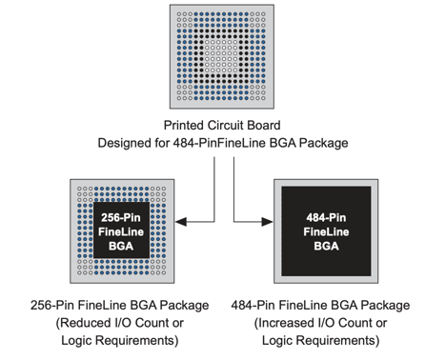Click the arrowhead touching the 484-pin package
click(x=269, y=222)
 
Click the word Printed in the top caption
click(x=187, y=126)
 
